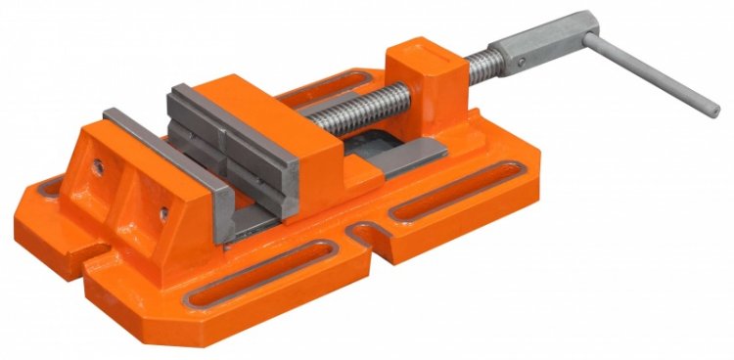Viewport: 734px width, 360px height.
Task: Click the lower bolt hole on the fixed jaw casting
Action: (163, 210)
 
